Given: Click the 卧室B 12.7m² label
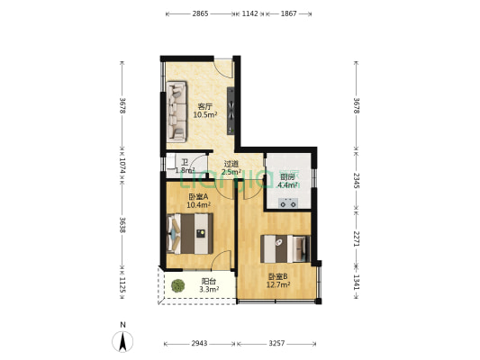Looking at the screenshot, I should coord(277,281).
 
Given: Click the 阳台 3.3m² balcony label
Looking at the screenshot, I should coord(207,285).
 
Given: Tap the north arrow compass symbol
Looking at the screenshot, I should coord(122,340).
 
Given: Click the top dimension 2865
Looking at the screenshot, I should coord(200,14).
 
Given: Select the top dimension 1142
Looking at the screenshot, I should coord(250,14).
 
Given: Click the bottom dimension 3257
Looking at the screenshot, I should coord(276,344).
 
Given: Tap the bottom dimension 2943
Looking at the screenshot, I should coord(199,344).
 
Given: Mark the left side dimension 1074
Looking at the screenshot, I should coord(122,166).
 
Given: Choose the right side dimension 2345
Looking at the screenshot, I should coord(357,181).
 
